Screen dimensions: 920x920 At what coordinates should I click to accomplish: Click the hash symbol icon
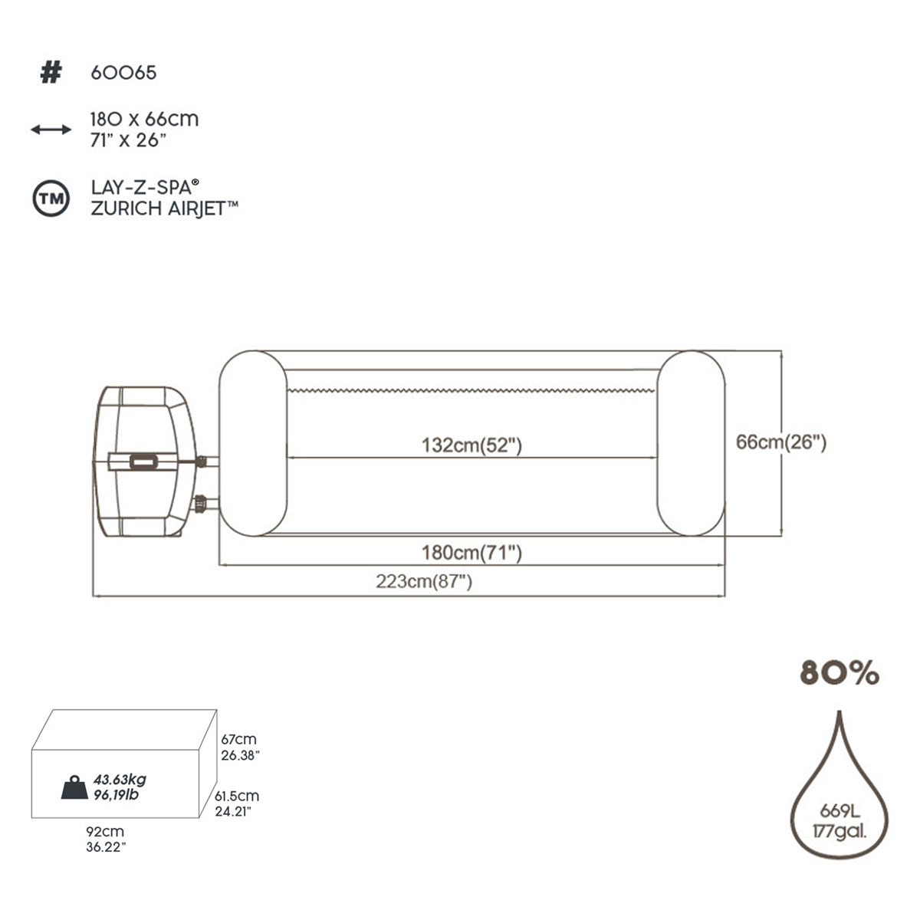coord(51,73)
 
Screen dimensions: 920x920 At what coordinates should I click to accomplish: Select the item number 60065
coord(123,73)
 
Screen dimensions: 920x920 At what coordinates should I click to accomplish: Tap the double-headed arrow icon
coord(51,130)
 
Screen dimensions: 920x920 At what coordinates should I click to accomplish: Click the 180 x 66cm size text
coord(144,120)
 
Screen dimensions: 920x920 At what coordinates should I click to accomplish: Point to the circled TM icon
coord(51,199)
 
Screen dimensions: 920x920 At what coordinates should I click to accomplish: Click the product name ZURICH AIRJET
coord(164,209)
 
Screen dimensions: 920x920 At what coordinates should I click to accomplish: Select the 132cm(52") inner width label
coord(472,445)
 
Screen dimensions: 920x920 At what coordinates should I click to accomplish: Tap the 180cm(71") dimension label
coord(472,552)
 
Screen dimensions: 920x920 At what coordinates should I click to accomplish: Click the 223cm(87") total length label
coord(424,581)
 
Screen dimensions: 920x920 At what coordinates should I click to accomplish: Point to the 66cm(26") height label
coord(781,442)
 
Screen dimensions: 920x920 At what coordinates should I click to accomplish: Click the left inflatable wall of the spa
coord(252,442)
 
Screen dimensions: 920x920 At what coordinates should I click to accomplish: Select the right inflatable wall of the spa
coord(691,442)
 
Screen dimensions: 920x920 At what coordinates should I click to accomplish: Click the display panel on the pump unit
coord(143,462)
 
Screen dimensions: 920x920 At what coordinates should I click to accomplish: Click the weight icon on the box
coord(75,787)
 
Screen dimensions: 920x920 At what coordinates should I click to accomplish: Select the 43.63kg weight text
coord(120,780)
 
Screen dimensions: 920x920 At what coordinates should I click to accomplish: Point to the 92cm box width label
coord(105,832)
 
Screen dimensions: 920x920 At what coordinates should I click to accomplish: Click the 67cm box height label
coord(238,740)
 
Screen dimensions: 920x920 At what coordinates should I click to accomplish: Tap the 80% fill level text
coord(839,673)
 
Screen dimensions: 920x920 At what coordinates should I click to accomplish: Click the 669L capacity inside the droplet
coord(839,811)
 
